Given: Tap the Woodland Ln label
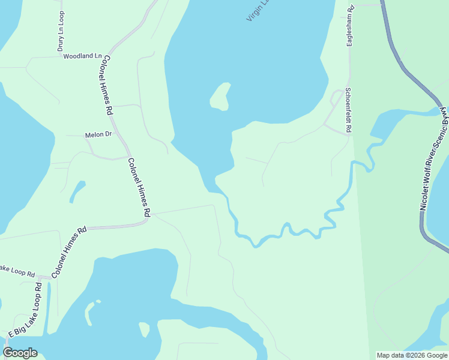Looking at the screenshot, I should [82, 56].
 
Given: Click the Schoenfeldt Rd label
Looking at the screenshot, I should [348, 110].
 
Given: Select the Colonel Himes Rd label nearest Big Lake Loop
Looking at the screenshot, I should [69, 251].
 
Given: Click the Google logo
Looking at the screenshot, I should [20, 353].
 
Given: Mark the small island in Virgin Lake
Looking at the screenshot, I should [220, 97].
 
